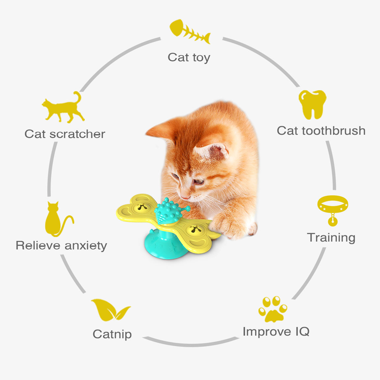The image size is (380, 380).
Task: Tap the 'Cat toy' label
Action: (189, 58)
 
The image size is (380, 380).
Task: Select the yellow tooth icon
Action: (312, 104)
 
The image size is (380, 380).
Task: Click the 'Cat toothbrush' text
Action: (321, 131)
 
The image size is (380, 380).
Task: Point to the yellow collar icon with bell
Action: (332, 209)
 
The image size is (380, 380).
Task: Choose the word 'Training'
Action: (331, 237)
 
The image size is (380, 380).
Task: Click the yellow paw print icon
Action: (273, 309)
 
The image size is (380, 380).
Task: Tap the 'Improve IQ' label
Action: (276, 332)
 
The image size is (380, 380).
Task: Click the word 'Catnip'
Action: (112, 334)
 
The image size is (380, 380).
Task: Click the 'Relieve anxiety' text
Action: (61, 245)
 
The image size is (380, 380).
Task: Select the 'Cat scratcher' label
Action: (65, 134)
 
